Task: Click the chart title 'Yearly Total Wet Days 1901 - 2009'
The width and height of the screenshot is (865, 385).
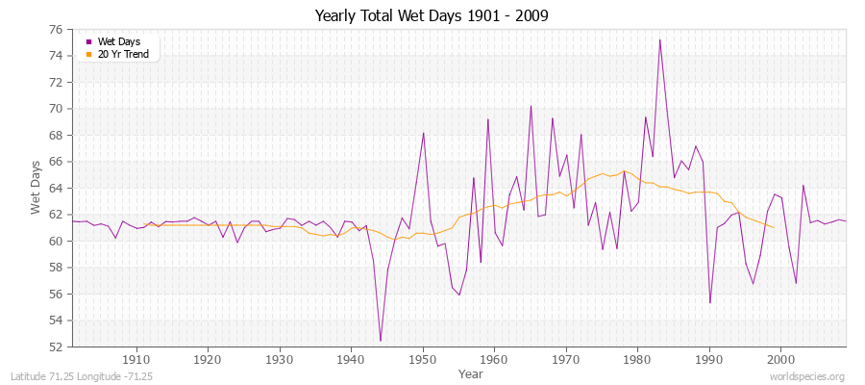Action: point(431,16)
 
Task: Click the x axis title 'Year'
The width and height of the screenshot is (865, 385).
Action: point(471,372)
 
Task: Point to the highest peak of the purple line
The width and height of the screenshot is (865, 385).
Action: point(659,39)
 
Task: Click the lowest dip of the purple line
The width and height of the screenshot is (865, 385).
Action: point(381,341)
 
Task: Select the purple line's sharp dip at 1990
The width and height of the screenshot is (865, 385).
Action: point(710,303)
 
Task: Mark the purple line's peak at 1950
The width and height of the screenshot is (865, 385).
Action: point(423,133)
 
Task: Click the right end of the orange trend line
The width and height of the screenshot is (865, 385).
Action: point(774,227)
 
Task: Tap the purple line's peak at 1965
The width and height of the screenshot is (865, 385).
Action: point(531,106)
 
